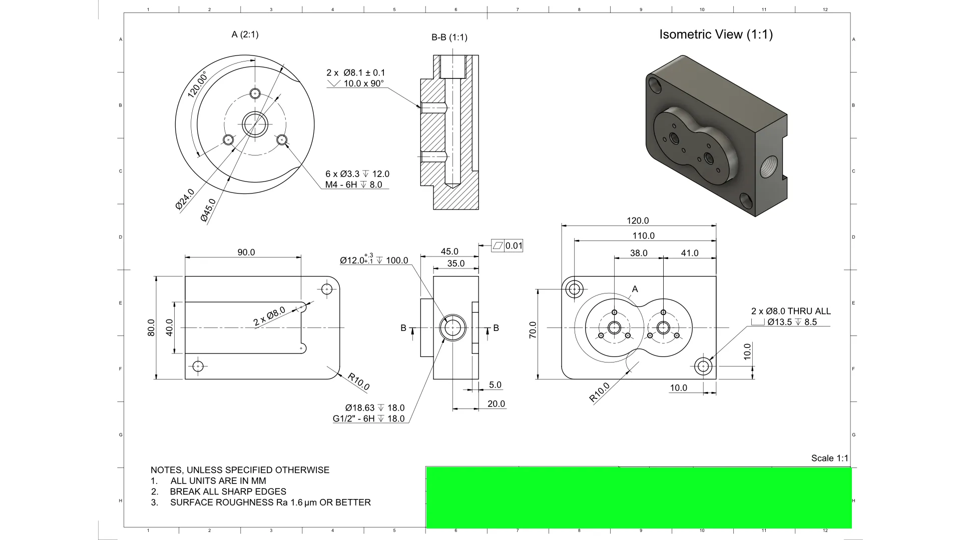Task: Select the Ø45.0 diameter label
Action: [208, 210]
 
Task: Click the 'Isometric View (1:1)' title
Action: [716, 34]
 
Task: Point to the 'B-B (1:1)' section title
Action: [449, 37]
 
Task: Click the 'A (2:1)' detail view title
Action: [245, 34]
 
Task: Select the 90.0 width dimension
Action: [246, 252]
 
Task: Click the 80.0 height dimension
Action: [151, 327]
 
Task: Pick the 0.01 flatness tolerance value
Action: [514, 246]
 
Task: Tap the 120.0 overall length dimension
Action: [638, 220]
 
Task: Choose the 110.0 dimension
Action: [643, 235]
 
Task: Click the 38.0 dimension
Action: [638, 253]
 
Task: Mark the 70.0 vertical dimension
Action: [533, 330]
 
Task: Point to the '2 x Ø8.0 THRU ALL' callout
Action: [791, 311]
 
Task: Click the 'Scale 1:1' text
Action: [829, 458]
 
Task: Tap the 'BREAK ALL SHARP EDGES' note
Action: [228, 491]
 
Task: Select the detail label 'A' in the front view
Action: [635, 289]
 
